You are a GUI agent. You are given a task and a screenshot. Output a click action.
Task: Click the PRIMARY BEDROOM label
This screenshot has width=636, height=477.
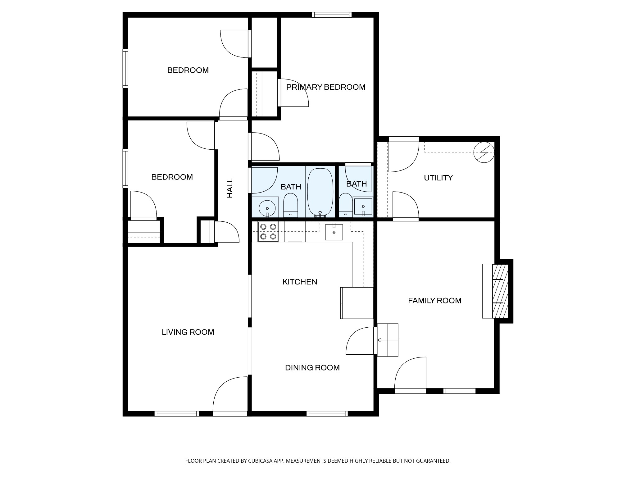point(325,87)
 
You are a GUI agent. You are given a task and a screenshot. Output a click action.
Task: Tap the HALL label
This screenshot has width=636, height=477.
point(230,188)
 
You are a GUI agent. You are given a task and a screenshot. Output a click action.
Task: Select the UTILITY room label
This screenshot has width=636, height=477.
point(438,178)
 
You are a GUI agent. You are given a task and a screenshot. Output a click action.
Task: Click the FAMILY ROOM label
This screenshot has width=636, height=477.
point(434,301)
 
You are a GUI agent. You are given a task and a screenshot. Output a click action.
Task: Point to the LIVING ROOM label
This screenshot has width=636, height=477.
point(188,332)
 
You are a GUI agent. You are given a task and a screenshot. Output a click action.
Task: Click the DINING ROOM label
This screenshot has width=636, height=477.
point(312,368)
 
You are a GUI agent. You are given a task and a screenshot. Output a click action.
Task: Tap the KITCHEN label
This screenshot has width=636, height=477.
point(300,282)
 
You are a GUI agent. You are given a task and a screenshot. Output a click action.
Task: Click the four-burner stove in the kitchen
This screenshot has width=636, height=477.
point(268,232)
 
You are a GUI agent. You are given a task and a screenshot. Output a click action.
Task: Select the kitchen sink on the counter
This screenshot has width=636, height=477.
point(334,232)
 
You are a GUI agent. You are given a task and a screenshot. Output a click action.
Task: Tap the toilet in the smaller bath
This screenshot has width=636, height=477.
point(345,205)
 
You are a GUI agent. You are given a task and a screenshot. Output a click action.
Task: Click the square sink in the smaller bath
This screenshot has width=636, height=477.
point(363,207)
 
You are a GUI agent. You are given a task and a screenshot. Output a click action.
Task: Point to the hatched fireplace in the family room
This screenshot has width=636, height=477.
point(500,291)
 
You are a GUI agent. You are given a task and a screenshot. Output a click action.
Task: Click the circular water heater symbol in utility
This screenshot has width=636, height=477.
point(484,152)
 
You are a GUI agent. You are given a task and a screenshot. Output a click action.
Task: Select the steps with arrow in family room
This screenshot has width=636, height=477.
point(388,340)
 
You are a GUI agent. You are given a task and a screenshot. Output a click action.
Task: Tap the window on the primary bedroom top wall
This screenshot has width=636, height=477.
point(332,15)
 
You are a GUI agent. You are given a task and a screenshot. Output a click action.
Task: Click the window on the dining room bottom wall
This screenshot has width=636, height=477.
point(327,414)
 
